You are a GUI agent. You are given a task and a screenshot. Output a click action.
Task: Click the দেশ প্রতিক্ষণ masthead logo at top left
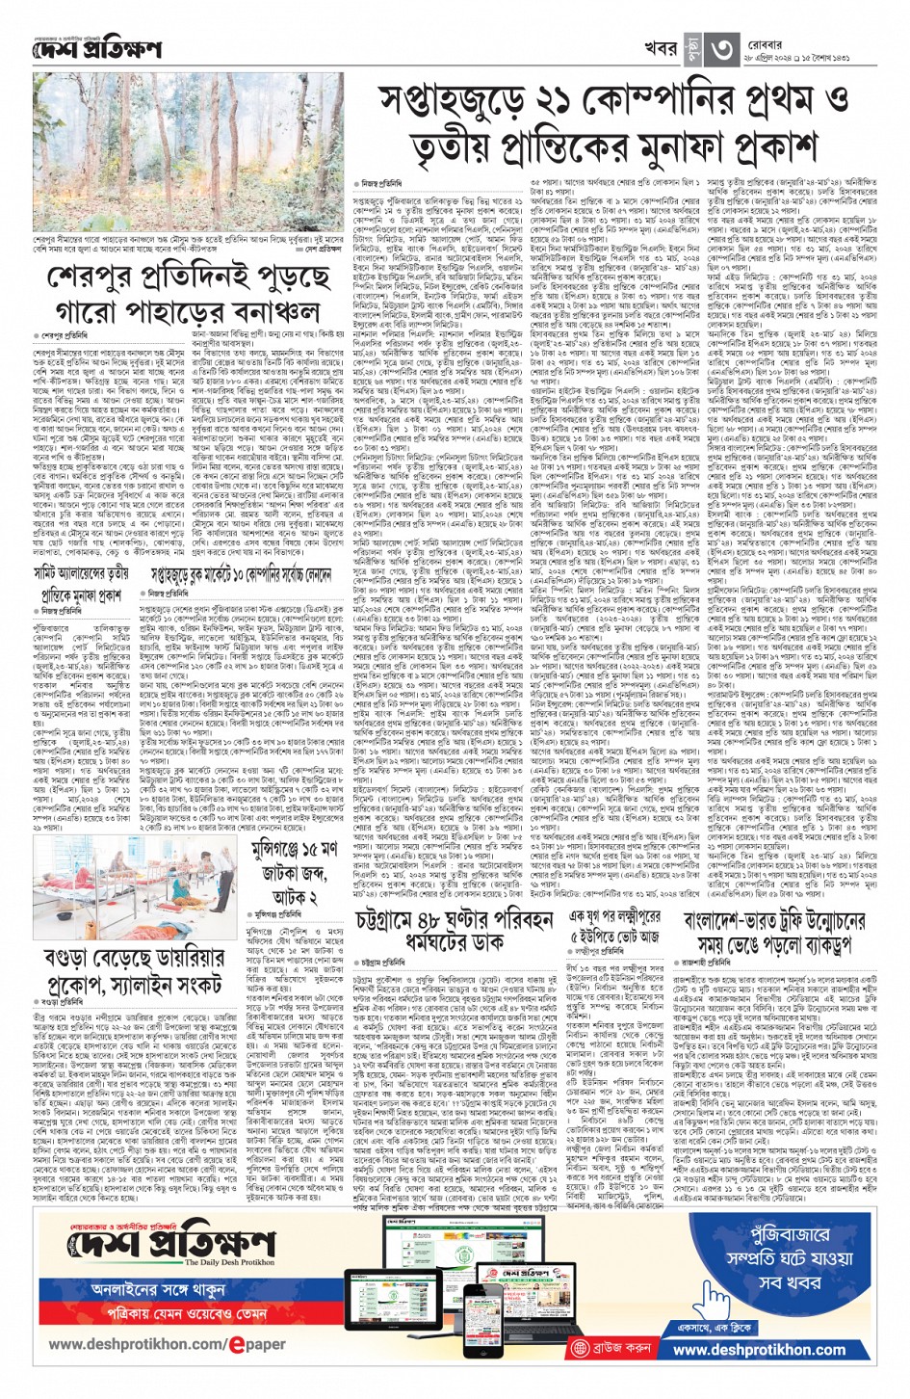tap(96, 48)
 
